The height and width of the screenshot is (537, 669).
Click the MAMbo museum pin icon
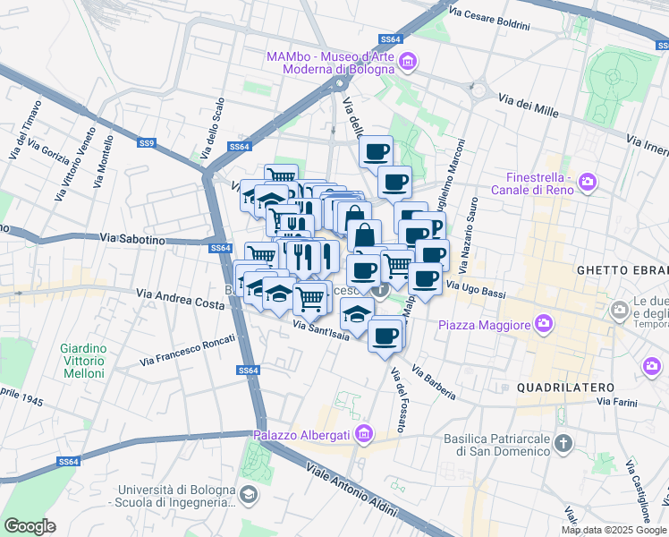pos(408,61)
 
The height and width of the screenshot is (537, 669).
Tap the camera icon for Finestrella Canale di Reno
pos(588,183)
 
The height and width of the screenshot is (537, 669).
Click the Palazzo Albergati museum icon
pos(363,435)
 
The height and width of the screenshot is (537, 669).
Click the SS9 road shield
pos(147,142)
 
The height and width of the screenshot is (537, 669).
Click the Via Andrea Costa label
pos(180,298)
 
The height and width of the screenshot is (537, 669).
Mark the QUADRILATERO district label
pos(565,387)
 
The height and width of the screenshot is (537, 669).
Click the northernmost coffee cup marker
pos(377,150)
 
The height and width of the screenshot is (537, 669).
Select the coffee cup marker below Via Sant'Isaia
pos(385,336)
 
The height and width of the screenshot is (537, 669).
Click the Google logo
pos(30,525)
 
